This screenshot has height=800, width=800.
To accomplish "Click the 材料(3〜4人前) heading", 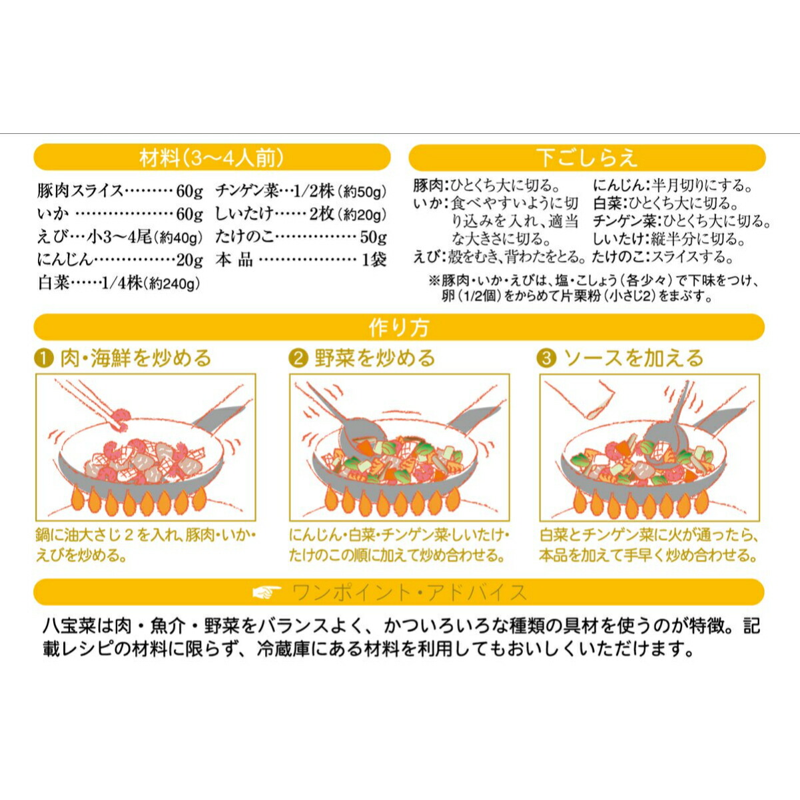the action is point(212,158).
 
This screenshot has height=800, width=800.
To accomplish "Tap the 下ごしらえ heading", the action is point(587,158).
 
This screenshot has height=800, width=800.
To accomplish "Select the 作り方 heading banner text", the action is point(398,328).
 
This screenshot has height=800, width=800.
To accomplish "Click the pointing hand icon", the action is point(266,592).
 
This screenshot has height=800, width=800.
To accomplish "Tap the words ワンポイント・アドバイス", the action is point(410,592).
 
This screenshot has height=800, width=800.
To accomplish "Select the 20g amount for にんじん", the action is point(190,260).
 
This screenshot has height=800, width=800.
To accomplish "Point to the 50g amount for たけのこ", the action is point(373,237).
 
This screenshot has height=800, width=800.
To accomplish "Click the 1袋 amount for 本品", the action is point(374,260).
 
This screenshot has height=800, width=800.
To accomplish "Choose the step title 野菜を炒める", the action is point(374,358).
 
